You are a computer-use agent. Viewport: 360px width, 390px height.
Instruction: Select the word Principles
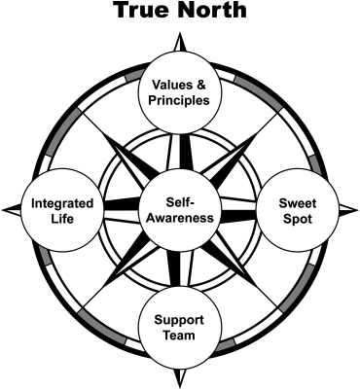click(179, 100)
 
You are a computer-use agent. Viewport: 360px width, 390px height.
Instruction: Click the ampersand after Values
click(201, 86)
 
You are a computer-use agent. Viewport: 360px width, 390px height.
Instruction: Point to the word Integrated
click(62, 204)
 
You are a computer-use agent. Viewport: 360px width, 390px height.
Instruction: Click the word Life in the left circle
click(62, 219)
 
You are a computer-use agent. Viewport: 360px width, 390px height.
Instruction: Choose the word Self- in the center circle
click(180, 202)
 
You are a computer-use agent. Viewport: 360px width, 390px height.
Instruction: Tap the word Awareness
click(180, 218)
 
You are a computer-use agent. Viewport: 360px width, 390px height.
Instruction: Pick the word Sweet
click(298, 203)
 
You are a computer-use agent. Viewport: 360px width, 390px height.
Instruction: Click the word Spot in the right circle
click(298, 219)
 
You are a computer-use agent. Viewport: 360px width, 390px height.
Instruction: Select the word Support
click(179, 320)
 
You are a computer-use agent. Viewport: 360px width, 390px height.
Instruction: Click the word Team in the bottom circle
click(179, 335)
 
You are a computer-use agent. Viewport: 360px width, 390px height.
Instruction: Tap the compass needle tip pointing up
click(179, 33)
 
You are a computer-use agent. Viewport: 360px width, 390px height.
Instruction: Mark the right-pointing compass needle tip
click(357, 210)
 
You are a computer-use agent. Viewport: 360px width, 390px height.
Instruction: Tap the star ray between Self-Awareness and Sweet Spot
click(237, 211)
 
